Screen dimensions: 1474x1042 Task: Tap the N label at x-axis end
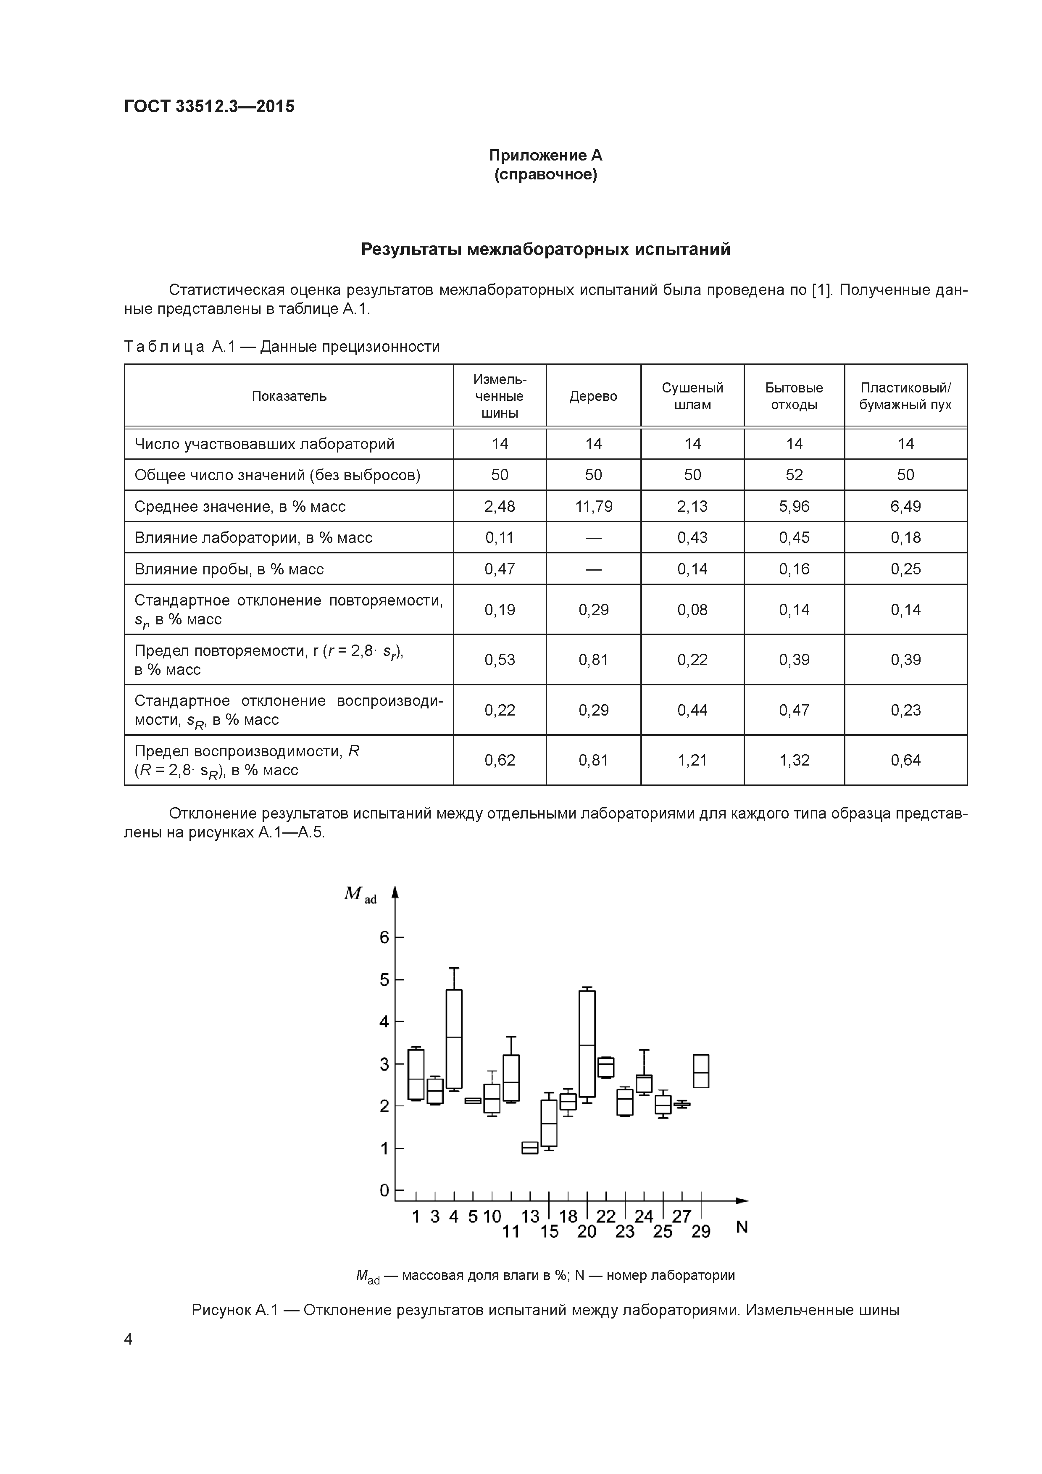coord(742,1227)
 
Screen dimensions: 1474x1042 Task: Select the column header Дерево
coord(593,396)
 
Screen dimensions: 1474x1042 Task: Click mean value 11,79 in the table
coord(593,506)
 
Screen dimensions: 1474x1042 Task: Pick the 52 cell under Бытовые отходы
coord(794,475)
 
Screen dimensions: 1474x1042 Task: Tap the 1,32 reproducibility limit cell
coord(794,760)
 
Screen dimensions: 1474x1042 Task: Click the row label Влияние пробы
coord(229,569)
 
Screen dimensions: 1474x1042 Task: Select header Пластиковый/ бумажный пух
coord(905,396)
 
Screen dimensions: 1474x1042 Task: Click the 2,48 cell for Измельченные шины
coord(500,506)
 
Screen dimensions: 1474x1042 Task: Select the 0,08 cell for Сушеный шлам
coord(692,610)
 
